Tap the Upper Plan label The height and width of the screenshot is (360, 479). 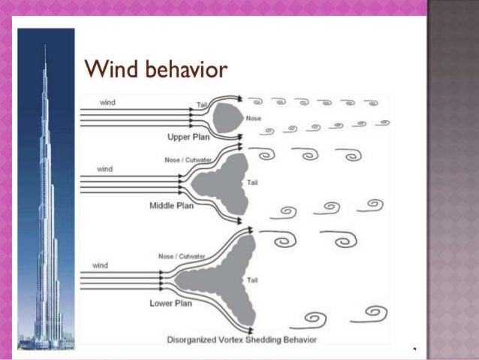tap(189, 137)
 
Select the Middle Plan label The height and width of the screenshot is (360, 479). tap(172, 204)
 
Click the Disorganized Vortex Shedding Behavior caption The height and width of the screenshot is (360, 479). tap(242, 340)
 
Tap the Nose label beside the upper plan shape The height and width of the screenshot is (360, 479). tap(254, 119)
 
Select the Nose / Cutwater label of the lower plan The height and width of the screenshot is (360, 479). tap(182, 256)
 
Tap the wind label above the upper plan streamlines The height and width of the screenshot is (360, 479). tap(108, 101)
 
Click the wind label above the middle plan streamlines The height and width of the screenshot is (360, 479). tap(104, 169)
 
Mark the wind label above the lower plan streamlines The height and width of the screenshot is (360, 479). tap(100, 265)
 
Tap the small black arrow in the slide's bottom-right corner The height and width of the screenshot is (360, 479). tap(414, 349)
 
